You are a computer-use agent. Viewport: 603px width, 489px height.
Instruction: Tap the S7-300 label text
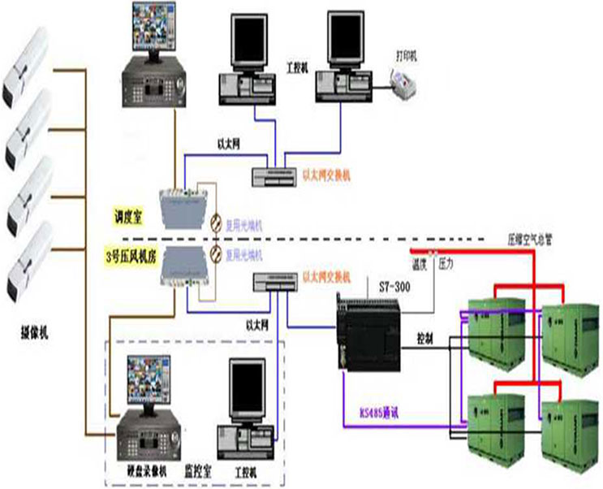pos(394,286)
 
